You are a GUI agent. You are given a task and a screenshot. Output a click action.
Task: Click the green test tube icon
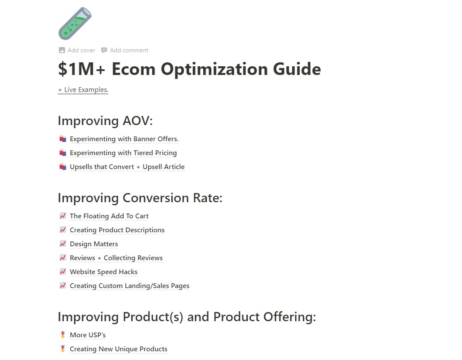point(75,23)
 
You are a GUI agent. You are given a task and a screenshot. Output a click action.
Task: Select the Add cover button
point(77,50)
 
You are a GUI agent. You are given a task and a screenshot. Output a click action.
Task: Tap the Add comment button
point(125,50)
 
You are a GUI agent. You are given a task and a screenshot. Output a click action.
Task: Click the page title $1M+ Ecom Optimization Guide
point(189,69)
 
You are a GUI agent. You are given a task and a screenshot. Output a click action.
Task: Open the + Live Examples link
point(83,90)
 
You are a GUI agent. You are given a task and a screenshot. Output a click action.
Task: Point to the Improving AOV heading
point(105,121)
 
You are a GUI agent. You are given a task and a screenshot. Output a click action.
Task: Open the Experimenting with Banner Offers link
point(124,139)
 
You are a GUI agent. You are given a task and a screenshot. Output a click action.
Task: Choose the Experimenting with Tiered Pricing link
point(123,153)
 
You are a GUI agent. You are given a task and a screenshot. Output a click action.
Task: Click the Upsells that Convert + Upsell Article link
point(127,167)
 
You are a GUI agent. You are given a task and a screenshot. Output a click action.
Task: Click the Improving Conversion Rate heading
point(140,198)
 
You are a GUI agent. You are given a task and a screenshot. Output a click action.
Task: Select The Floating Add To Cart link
point(109,216)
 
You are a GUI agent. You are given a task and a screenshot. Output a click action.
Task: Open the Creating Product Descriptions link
point(117,230)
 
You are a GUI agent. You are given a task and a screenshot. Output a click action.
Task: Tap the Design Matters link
point(94,244)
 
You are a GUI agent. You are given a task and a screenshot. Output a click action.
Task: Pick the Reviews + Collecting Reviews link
point(116,258)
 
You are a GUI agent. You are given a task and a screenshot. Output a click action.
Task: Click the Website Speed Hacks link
point(103,272)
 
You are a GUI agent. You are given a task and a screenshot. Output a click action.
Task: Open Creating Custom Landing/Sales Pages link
point(130,286)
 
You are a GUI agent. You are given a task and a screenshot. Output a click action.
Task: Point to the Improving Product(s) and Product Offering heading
point(187,317)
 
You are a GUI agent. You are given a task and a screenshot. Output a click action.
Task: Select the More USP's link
point(88,335)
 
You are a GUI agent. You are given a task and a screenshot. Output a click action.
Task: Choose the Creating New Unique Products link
point(119,349)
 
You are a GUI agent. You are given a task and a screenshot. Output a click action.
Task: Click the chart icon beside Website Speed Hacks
point(62,272)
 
